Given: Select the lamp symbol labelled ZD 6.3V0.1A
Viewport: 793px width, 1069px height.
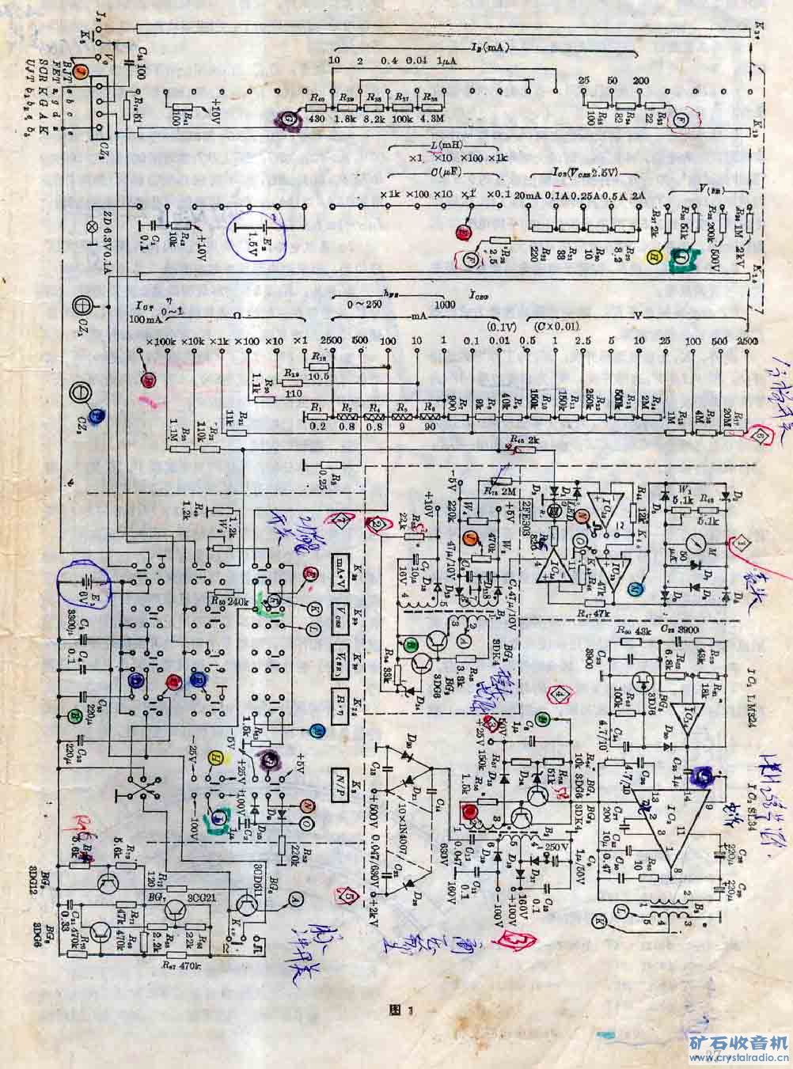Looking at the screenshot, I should pos(90,225).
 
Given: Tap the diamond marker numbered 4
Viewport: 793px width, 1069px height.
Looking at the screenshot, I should pos(560,695).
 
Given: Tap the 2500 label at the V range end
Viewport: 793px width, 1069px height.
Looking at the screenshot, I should pos(745,339).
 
